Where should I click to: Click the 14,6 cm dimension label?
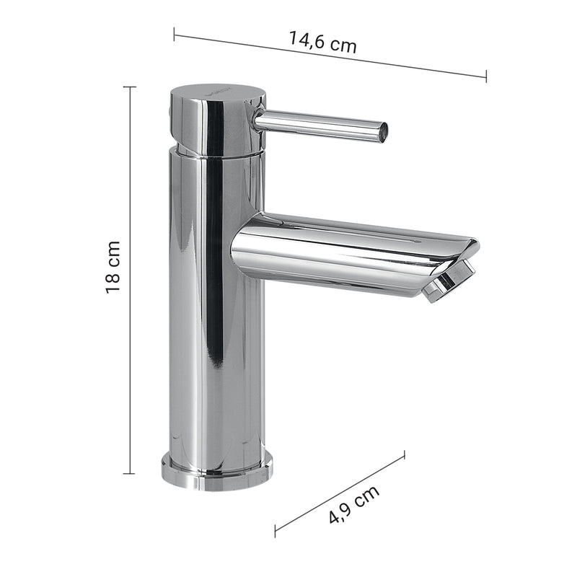tap(322, 41)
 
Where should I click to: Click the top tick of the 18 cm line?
tap(130, 87)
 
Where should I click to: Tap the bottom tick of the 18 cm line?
tap(130, 474)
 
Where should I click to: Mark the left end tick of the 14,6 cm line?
tap(174, 33)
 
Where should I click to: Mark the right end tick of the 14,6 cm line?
tap(485, 76)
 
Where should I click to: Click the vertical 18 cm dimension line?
tap(130, 180)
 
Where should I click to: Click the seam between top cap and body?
tap(216, 152)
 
